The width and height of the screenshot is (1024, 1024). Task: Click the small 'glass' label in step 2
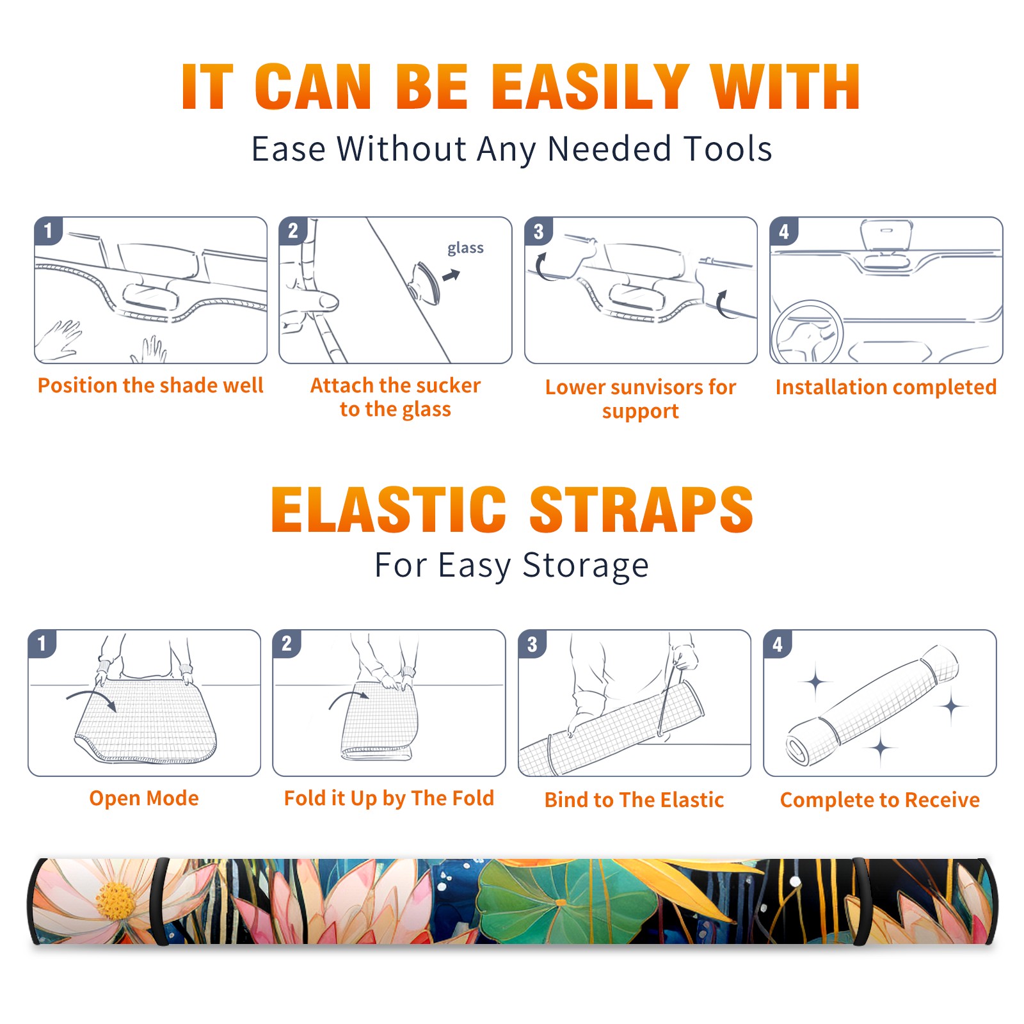tap(465, 248)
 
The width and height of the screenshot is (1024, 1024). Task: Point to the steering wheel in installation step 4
tap(808, 332)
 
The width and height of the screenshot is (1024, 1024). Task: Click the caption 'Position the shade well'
tap(150, 385)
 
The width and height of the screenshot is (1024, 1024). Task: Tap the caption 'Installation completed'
tap(886, 387)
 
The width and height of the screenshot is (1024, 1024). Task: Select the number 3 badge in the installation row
tap(539, 232)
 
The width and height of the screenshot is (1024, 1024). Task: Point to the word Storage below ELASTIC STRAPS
tap(586, 566)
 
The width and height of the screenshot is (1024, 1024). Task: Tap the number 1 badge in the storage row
tap(42, 644)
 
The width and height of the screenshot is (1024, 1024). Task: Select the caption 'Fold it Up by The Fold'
tap(389, 798)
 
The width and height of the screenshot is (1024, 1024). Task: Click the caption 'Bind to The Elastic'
tap(634, 800)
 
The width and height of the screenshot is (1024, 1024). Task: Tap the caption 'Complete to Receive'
tap(880, 800)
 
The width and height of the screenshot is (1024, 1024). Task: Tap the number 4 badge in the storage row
tap(778, 644)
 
